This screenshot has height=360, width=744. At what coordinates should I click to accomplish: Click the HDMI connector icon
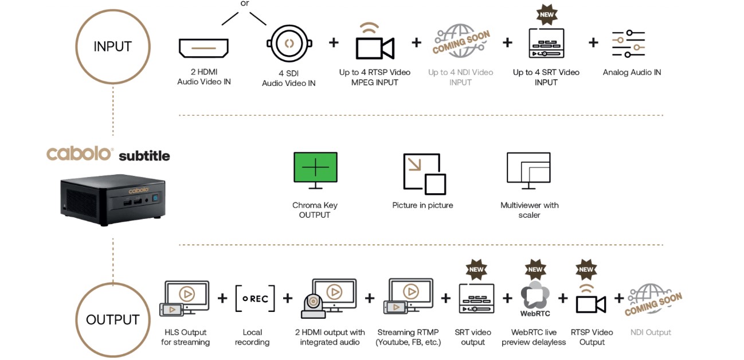[203, 48]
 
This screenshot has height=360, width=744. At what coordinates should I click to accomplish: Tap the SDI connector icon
[289, 43]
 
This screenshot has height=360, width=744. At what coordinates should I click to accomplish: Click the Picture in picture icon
[425, 174]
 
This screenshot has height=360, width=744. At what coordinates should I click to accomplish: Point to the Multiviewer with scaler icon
[528, 170]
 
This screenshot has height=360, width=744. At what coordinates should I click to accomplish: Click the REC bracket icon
[255, 298]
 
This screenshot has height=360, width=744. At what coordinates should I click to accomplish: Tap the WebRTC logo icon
[535, 299]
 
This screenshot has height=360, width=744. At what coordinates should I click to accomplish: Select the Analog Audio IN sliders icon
[628, 44]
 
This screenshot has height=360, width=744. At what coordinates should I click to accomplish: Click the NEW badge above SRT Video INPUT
[547, 14]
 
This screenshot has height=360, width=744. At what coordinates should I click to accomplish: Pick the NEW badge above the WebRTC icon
[535, 269]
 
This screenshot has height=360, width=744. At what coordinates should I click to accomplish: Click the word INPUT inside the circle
[112, 46]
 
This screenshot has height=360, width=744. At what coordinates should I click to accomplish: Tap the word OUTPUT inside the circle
[112, 319]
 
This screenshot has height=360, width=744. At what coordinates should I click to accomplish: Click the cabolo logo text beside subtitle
[79, 154]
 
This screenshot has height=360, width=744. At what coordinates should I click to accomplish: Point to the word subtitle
[144, 156]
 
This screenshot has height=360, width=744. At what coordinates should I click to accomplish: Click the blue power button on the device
[155, 198]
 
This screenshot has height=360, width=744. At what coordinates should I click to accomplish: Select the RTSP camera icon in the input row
[375, 41]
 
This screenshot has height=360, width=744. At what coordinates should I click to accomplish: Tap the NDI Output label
[651, 332]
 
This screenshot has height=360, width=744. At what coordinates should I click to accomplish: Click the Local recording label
[252, 337]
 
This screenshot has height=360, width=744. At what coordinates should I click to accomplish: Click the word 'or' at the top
[245, 3]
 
